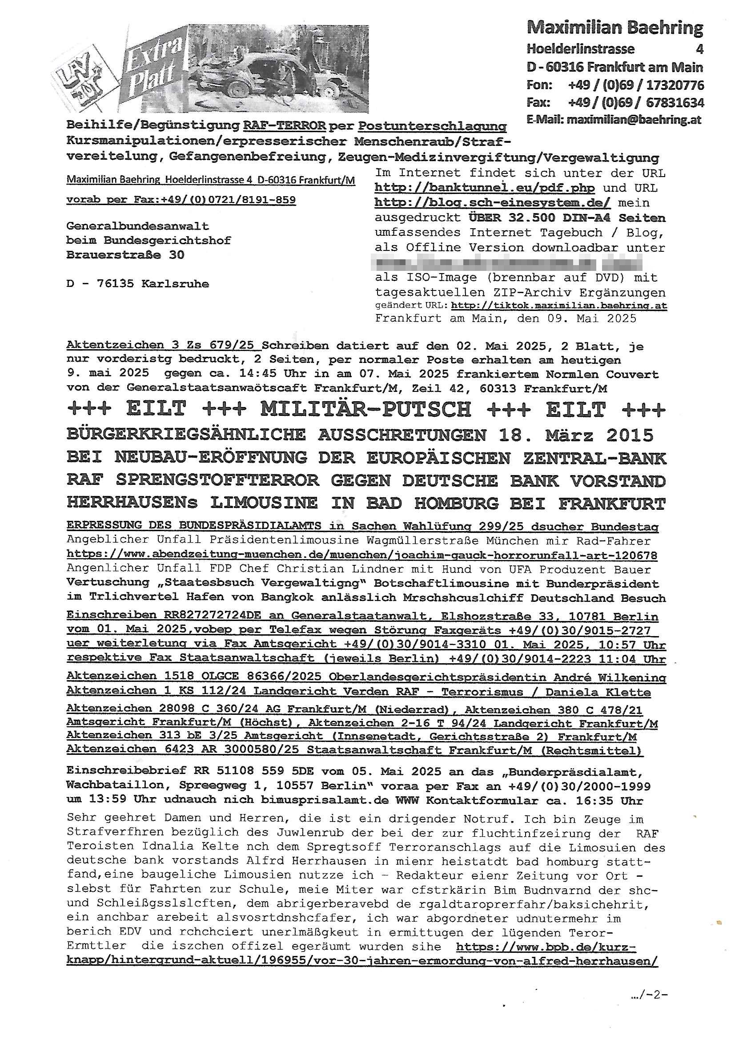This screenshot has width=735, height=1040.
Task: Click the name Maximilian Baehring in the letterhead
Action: coord(615,28)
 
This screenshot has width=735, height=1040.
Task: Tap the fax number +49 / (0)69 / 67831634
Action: coord(636,103)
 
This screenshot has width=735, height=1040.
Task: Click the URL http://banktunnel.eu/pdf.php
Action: coord(484,188)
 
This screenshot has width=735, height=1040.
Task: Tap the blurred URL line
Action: coord(508,263)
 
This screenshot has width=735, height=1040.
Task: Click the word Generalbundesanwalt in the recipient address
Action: coord(138,226)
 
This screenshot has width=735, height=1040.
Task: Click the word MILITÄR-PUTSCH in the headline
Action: coord(365,409)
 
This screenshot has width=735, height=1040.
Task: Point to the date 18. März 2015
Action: coord(575,435)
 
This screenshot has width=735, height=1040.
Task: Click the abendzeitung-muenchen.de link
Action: coord(361,554)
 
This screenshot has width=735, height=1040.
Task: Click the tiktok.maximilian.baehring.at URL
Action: coord(559,306)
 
